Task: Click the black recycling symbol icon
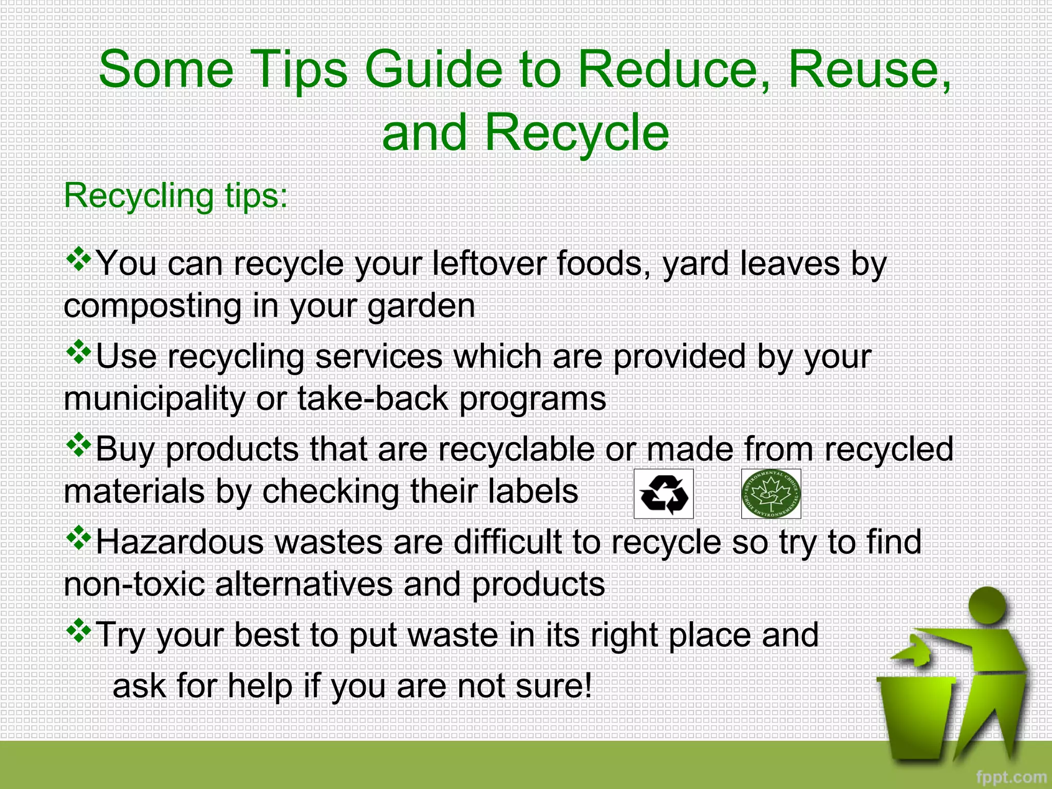point(664,494)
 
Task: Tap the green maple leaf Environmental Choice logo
point(771,494)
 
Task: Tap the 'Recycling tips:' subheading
point(176,196)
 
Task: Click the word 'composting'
point(153,307)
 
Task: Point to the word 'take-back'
point(373,399)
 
